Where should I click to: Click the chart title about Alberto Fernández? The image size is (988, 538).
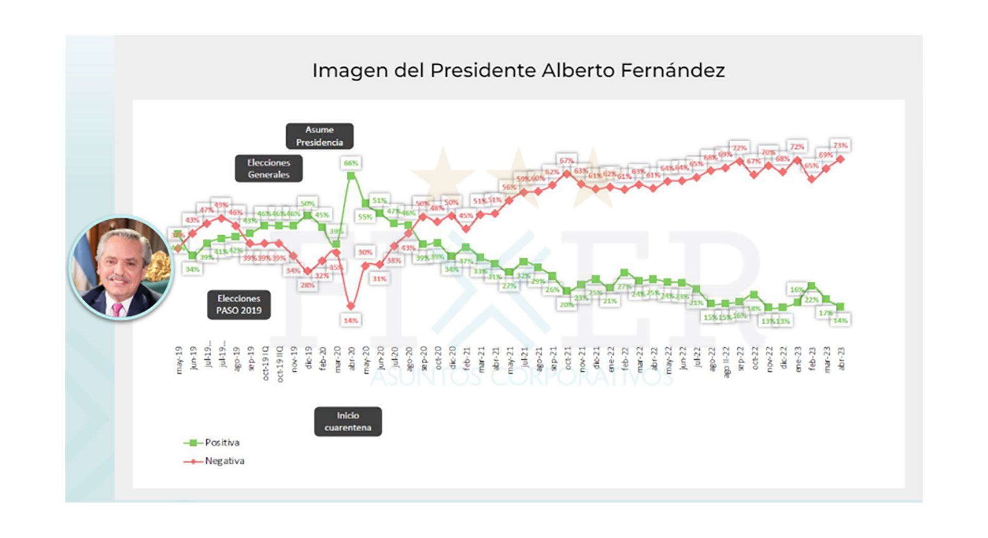pyautogui.click(x=518, y=70)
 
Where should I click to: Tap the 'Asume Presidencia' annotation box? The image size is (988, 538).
pyautogui.click(x=320, y=136)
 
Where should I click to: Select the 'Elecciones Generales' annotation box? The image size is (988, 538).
pyautogui.click(x=269, y=169)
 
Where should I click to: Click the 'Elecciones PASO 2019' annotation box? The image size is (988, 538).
pyautogui.click(x=239, y=304)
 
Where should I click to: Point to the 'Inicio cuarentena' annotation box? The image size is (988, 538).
pyautogui.click(x=348, y=421)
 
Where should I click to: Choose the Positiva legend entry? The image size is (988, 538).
pyautogui.click(x=212, y=442)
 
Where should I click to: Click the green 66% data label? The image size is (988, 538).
pyautogui.click(x=351, y=163)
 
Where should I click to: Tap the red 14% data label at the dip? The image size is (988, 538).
pyautogui.click(x=351, y=320)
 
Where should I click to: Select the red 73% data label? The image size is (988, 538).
pyautogui.click(x=840, y=146)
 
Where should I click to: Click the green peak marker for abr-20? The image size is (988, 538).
pyautogui.click(x=351, y=176)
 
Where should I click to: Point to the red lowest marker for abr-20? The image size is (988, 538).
pyautogui.click(x=351, y=306)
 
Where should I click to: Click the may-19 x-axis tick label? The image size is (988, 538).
pyautogui.click(x=179, y=360)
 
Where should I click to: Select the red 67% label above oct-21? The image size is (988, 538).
pyautogui.click(x=567, y=160)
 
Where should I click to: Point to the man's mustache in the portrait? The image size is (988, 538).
pyautogui.click(x=119, y=280)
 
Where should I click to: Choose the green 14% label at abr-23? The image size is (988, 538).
pyautogui.click(x=840, y=320)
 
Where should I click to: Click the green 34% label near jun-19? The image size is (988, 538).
pyautogui.click(x=192, y=269)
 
